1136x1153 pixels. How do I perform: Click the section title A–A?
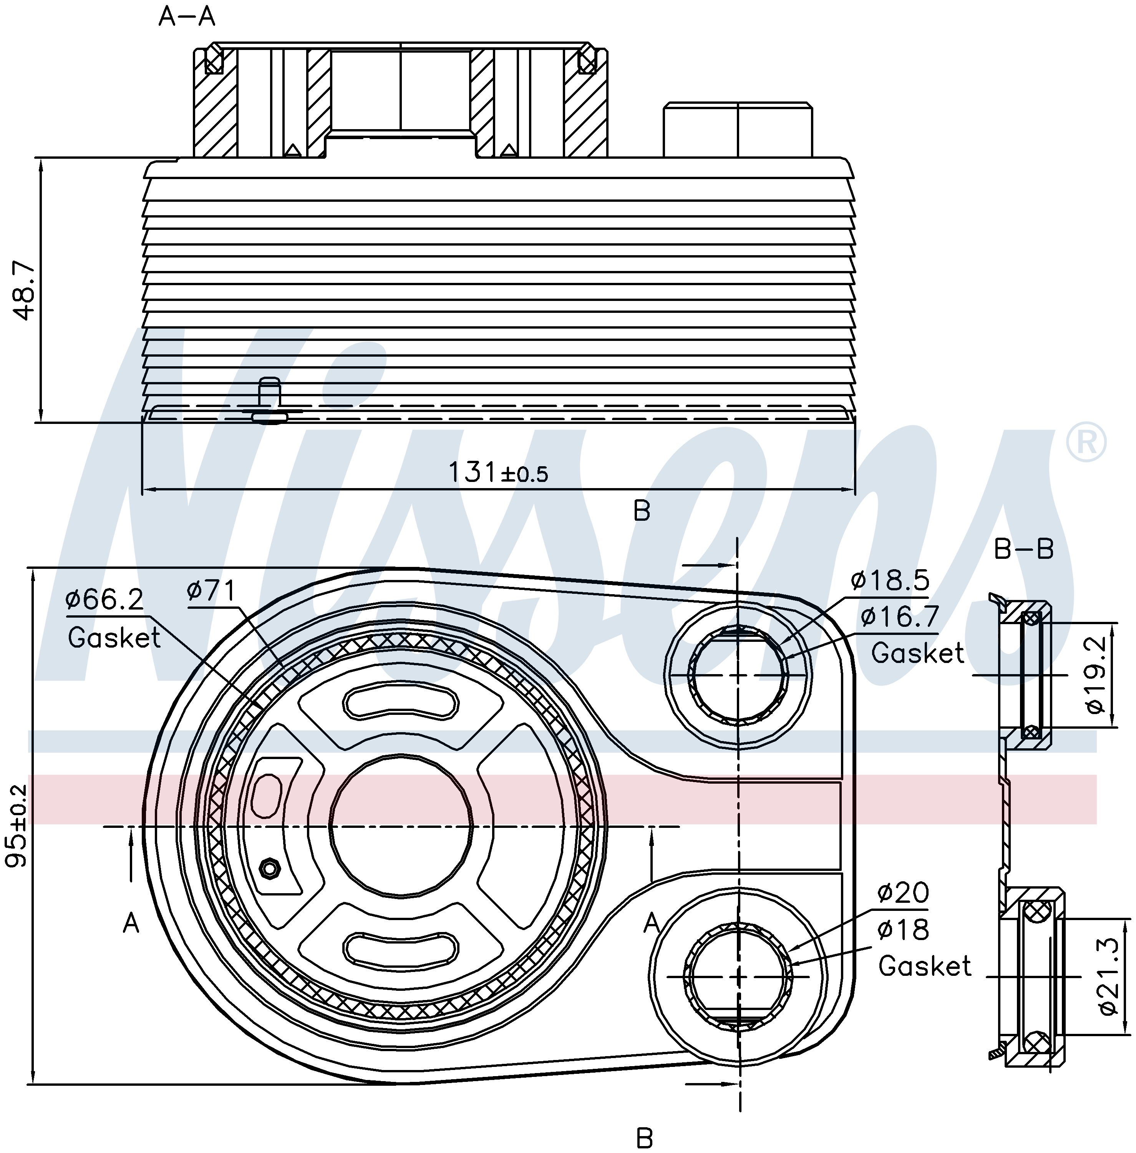point(187,17)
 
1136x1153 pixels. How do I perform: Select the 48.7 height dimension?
point(25,291)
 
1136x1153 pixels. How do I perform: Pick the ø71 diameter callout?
point(211,591)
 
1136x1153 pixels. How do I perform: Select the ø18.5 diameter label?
point(890,580)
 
